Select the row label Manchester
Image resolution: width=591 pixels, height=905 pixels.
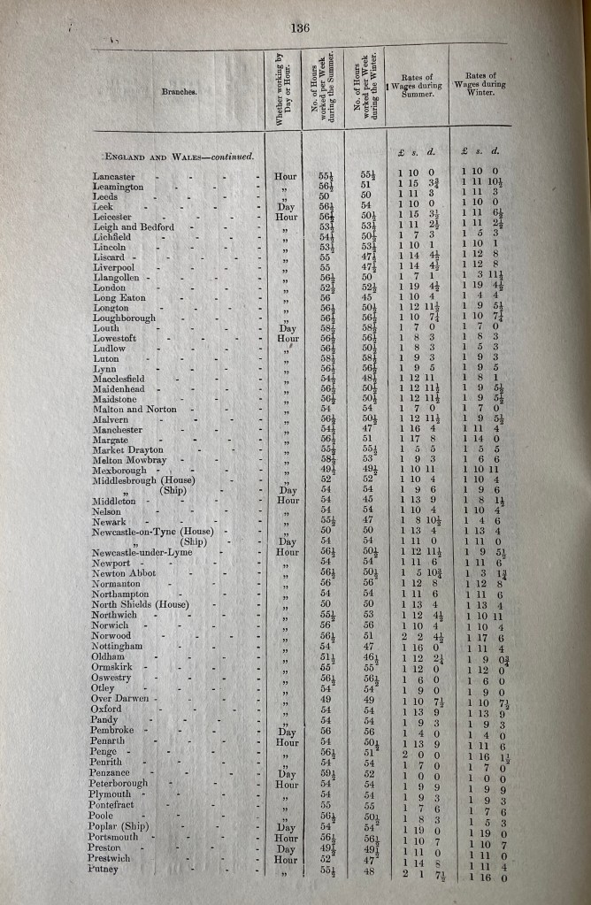tap(118, 427)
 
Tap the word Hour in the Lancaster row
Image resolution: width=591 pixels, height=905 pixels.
tap(285, 176)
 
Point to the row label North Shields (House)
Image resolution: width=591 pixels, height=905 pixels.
tap(142, 603)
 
